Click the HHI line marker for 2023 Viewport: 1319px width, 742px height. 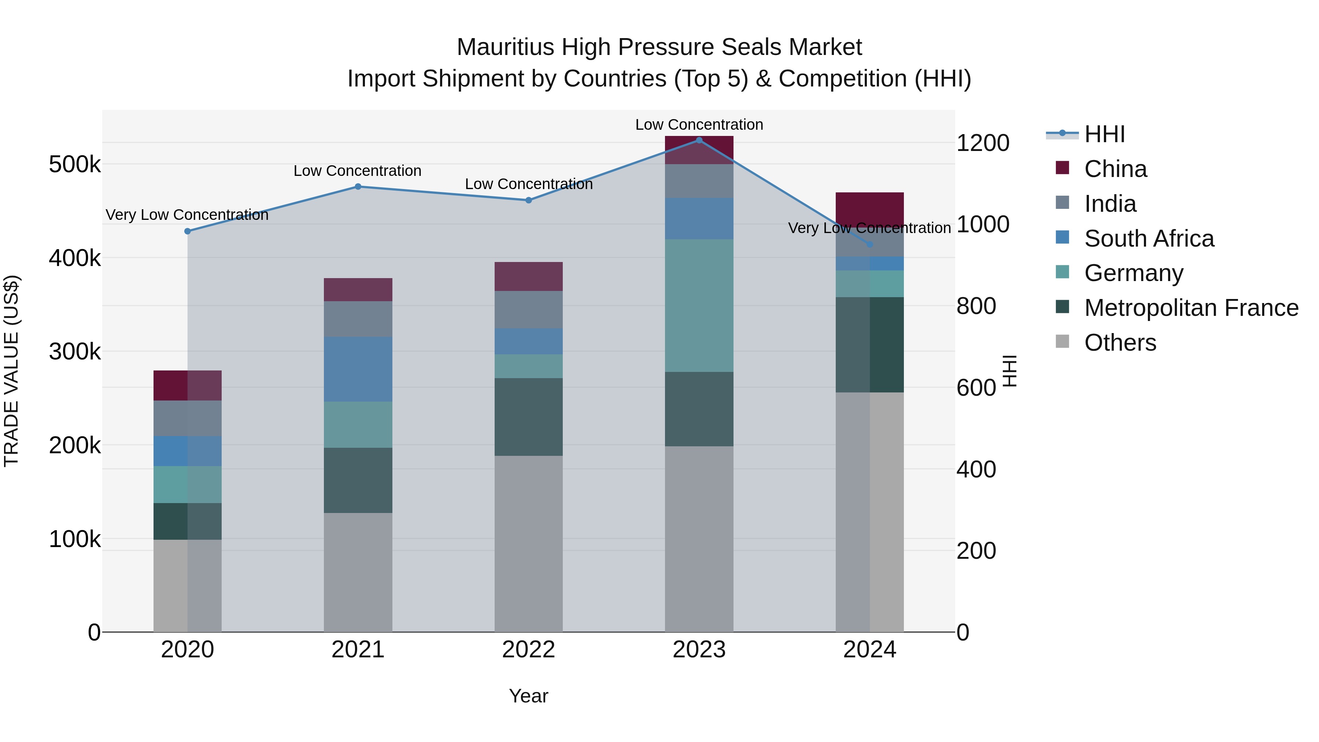(699, 140)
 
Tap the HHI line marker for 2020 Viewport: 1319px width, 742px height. (187, 231)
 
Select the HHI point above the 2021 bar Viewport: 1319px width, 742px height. (358, 187)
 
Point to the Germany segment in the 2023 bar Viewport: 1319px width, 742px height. (699, 305)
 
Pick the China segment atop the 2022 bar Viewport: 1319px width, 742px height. (528, 277)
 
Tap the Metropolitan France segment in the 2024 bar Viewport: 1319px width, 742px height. (869, 345)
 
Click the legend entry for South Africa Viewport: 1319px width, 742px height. (1149, 239)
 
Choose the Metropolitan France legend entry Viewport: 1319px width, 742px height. (1191, 308)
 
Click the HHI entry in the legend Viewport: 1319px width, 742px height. (1104, 134)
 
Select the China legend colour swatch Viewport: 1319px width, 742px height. (1063, 168)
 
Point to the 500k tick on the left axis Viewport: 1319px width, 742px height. (75, 165)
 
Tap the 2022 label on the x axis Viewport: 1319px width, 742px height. (528, 650)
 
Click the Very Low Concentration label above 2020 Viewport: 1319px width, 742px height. (187, 215)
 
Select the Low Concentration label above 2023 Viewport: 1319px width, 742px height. (699, 125)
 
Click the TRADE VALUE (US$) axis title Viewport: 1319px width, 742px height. (11, 371)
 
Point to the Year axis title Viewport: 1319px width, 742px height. (528, 696)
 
